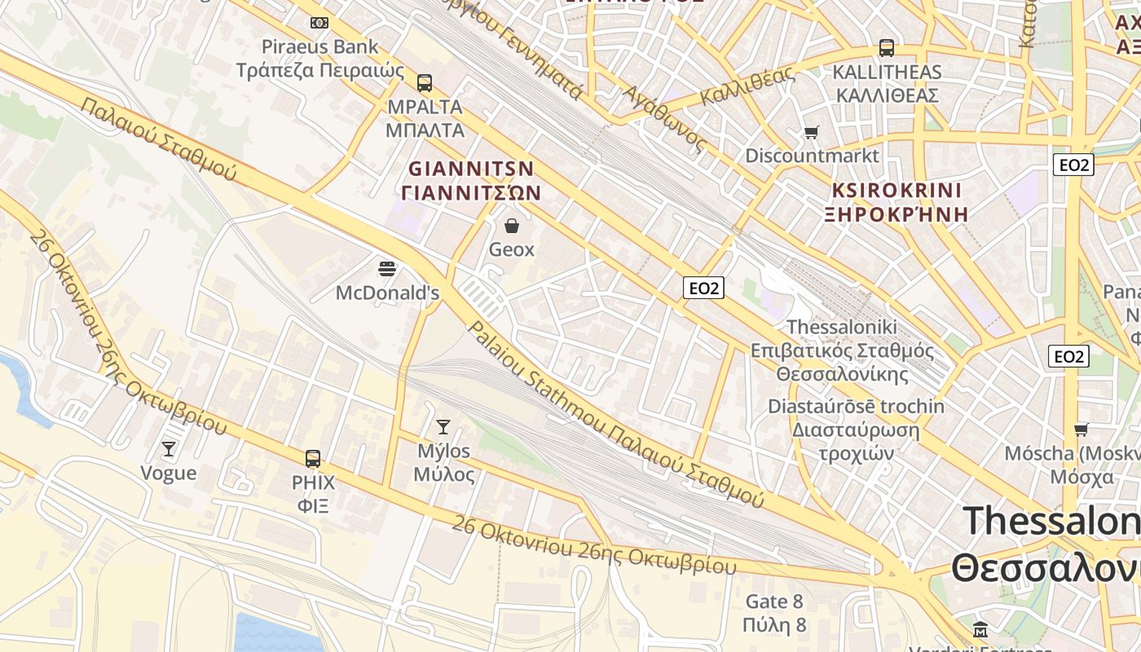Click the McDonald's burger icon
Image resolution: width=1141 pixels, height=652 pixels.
(387, 268)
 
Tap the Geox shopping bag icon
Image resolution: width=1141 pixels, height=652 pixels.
(511, 226)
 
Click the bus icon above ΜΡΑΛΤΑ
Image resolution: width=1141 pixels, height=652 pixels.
(424, 82)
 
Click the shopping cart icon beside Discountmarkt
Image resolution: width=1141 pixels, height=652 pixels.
(811, 132)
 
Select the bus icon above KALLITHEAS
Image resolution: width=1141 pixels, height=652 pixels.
(886, 48)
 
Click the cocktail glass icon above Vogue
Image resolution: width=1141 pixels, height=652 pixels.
(168, 448)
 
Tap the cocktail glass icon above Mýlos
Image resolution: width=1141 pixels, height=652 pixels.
(443, 426)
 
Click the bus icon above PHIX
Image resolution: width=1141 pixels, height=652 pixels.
(313, 458)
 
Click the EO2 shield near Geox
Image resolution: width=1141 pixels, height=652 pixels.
(703, 288)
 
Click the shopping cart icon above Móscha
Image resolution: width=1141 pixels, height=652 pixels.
(1081, 430)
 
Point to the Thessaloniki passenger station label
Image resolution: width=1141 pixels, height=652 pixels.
(842, 350)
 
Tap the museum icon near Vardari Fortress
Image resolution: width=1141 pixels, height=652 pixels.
(980, 629)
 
